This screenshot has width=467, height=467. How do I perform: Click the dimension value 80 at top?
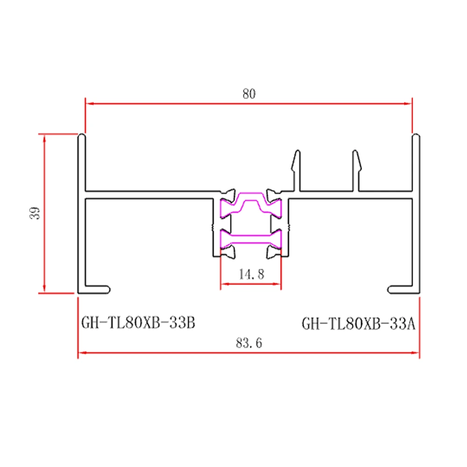click(249, 93)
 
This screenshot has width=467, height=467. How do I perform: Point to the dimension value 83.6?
click(249, 343)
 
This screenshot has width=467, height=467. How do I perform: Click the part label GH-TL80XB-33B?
click(138, 323)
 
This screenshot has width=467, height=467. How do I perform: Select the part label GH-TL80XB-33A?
click(358, 323)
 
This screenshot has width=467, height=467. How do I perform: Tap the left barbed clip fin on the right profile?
click(296, 163)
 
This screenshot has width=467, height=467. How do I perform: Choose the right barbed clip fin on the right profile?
click(356, 163)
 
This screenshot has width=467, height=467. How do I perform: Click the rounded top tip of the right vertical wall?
click(416, 136)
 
